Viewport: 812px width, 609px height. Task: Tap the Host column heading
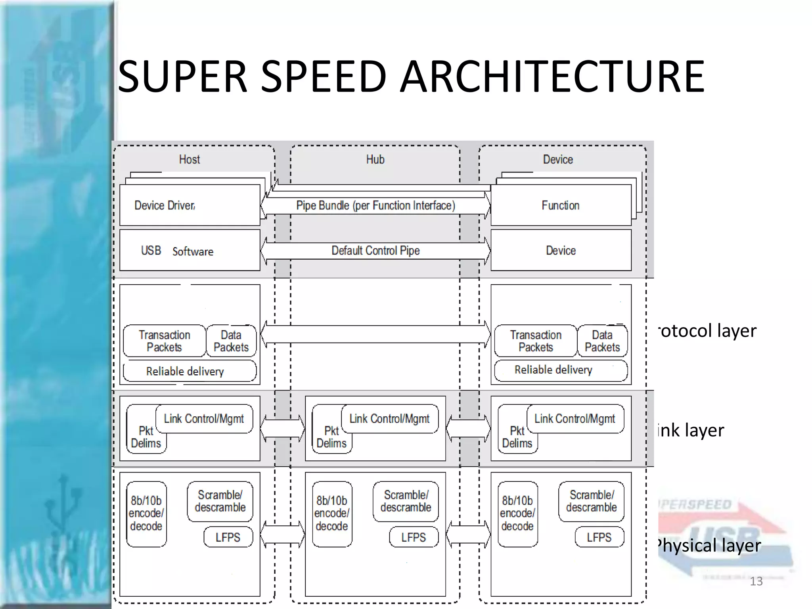click(x=190, y=159)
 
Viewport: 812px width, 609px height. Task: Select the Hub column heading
click(x=375, y=159)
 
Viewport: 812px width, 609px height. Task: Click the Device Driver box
click(x=190, y=205)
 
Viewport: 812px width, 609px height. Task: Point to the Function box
click(x=560, y=205)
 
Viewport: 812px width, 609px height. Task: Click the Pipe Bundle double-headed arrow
click(x=375, y=205)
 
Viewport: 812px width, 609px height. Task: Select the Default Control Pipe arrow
click(x=375, y=251)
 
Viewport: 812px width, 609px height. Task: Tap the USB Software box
click(x=190, y=251)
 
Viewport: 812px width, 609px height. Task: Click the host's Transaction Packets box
click(x=164, y=341)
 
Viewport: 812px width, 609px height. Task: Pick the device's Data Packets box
click(x=602, y=341)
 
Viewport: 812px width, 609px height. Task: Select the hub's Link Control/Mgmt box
click(x=389, y=419)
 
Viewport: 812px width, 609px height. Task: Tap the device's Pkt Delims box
click(x=517, y=437)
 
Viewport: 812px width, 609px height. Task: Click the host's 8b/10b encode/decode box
click(x=146, y=514)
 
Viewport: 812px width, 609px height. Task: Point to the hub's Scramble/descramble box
click(x=406, y=501)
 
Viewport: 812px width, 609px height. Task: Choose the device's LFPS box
click(x=599, y=537)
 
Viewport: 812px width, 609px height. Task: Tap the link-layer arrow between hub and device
click(x=468, y=428)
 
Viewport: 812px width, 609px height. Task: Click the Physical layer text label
click(x=709, y=545)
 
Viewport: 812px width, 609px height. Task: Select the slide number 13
click(x=756, y=581)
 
